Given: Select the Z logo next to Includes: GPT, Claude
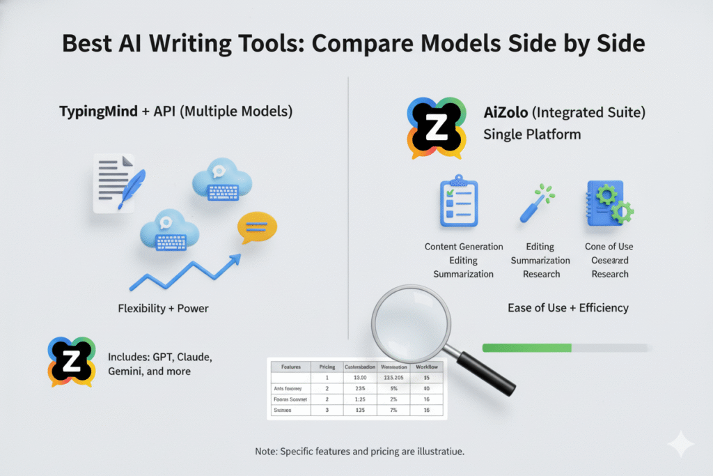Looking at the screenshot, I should [x=70, y=362].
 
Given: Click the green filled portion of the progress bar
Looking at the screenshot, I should [x=526, y=347].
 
